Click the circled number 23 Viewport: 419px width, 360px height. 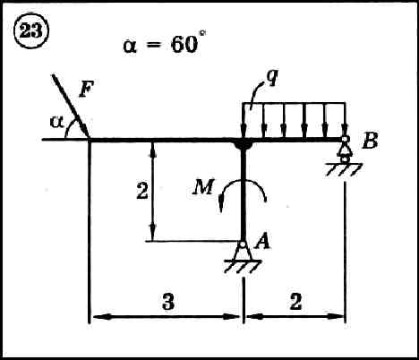31,31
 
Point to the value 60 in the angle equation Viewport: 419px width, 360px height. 184,45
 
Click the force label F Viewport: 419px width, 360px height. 87,89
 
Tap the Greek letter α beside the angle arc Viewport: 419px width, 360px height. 57,122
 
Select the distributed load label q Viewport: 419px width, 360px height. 271,78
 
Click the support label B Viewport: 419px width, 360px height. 370,141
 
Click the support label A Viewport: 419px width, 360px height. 263,241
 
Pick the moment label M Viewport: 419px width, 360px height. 203,188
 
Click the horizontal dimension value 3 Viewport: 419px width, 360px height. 168,301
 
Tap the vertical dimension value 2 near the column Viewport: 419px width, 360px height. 142,191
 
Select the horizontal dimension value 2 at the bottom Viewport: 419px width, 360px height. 295,301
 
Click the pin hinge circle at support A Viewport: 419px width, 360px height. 243,244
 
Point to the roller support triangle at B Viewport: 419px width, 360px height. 345,149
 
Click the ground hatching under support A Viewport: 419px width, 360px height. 243,267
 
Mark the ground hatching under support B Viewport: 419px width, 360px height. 344,169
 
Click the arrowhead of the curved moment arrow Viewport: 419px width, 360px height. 221,203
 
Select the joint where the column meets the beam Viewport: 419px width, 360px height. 244,144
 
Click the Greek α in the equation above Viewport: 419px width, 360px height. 130,47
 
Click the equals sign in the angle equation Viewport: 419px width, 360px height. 154,46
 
